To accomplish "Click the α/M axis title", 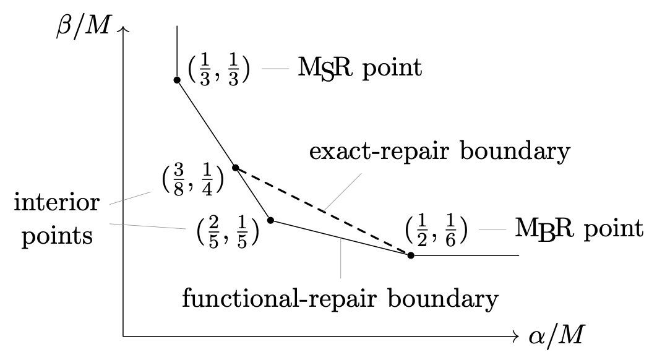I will (556, 337).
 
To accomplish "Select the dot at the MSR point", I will (177, 80).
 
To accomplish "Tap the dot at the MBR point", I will (411, 255).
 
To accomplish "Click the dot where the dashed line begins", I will (235, 168).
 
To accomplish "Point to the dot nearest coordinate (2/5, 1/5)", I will (270, 220).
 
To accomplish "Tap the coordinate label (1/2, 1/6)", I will (436, 231).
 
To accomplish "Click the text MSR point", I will (360, 68).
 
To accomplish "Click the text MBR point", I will (578, 229).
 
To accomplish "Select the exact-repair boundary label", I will (439, 151).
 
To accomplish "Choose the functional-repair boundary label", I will (340, 299).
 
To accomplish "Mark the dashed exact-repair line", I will (322, 211).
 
